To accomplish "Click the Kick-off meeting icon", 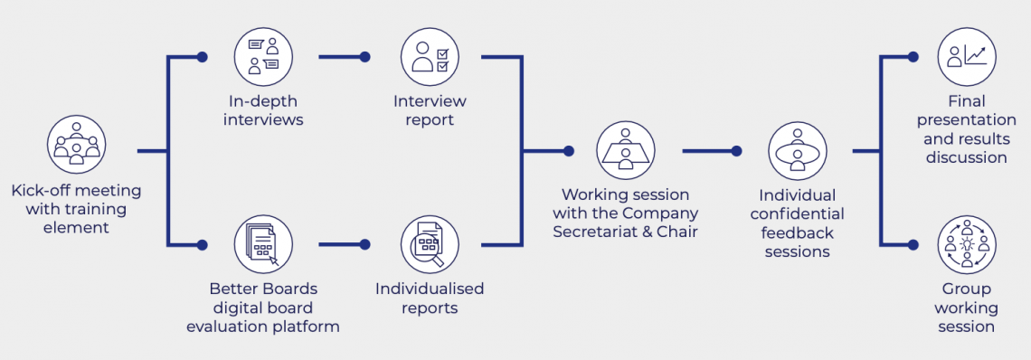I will (77, 145).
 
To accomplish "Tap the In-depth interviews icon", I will (263, 57).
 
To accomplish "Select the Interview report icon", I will (430, 57).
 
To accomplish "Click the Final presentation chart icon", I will (967, 57).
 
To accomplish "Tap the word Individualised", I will (430, 289).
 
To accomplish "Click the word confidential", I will (797, 214).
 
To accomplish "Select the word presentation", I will (967, 120).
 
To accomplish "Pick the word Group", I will (967, 289).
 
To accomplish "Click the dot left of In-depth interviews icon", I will (202, 57).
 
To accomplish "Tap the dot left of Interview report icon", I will (364, 57).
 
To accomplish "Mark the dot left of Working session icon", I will (568, 151).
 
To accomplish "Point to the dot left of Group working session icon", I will (913, 244).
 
